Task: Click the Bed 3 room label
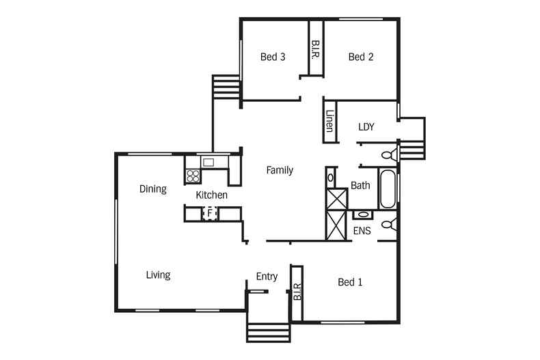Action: [273, 57]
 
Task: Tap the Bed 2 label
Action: [361, 57]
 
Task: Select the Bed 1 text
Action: [350, 282]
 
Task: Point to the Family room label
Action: [280, 170]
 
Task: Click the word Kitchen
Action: [211, 195]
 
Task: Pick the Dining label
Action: [153, 189]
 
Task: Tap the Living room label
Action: [158, 275]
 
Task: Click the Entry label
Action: [267, 277]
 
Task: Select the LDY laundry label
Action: [366, 127]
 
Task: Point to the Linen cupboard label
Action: [329, 121]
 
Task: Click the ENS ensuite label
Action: [362, 231]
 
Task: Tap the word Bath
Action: [360, 186]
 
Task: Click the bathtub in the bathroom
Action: [388, 189]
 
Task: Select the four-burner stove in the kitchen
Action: [193, 176]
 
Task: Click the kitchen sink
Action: [208, 163]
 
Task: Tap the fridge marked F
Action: [209, 214]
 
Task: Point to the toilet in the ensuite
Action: [389, 225]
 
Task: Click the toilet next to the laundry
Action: [389, 155]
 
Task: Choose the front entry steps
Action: [268, 333]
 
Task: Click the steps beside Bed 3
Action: [226, 87]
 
